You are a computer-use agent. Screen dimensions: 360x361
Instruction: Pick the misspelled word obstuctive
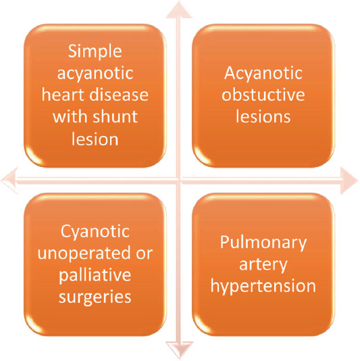pyautogui.click(x=263, y=95)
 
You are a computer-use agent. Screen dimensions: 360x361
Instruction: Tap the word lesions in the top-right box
pyautogui.click(x=263, y=116)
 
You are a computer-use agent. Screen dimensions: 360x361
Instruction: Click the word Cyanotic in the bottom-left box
pyautogui.click(x=95, y=232)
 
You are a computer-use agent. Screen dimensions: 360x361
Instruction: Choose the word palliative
pyautogui.click(x=95, y=275)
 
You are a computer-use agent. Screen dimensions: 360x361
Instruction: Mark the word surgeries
pyautogui.click(x=95, y=297)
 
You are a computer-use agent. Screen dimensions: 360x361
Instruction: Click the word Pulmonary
pyautogui.click(x=263, y=243)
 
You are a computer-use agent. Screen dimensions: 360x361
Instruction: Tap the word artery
pyautogui.click(x=263, y=265)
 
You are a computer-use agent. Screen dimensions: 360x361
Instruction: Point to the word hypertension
pyautogui.click(x=263, y=287)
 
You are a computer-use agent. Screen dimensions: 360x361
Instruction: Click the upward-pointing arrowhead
pyautogui.click(x=179, y=9)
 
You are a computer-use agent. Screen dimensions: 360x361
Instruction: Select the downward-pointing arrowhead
pyautogui.click(x=180, y=350)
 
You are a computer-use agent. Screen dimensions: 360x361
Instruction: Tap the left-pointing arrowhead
pyautogui.click(x=9, y=180)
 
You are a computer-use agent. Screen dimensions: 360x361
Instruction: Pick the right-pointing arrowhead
pyautogui.click(x=349, y=180)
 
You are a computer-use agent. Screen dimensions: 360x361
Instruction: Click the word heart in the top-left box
pyautogui.click(x=63, y=95)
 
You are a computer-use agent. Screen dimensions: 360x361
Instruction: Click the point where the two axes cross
pyautogui.click(x=179, y=180)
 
